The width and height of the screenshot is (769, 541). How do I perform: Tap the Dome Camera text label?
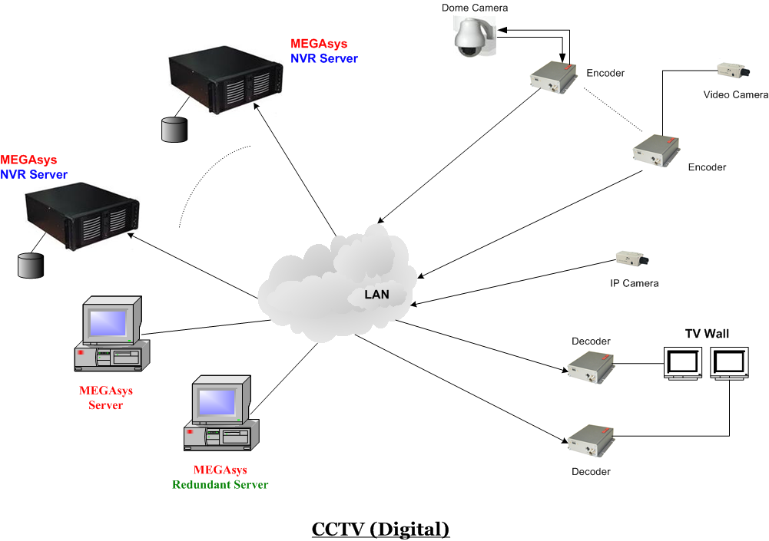click(x=475, y=8)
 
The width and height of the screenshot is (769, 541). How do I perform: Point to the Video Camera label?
click(x=735, y=94)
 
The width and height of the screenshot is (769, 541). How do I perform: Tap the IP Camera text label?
click(x=634, y=283)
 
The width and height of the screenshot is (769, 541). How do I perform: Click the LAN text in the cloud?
click(x=376, y=294)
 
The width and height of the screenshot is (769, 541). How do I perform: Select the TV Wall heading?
click(x=707, y=333)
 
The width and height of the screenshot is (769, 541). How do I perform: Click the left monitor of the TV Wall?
click(x=683, y=362)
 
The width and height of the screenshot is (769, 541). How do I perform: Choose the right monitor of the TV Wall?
click(x=729, y=362)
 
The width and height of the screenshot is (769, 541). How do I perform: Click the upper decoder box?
click(x=590, y=366)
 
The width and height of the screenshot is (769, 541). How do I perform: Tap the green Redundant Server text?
click(x=220, y=484)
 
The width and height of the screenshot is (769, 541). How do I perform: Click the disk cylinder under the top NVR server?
click(x=174, y=129)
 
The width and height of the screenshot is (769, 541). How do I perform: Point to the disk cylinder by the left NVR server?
click(x=30, y=265)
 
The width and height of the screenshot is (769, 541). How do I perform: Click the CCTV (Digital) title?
click(x=380, y=529)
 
